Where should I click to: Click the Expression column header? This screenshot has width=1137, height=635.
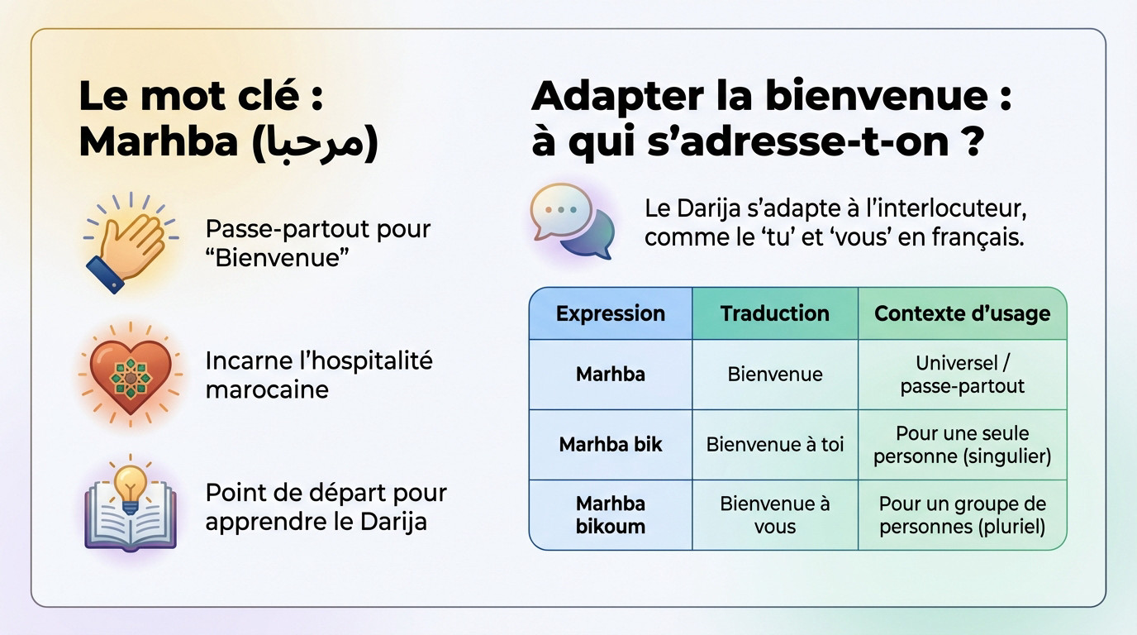[x=610, y=313]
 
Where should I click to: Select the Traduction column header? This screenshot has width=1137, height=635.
[x=774, y=313]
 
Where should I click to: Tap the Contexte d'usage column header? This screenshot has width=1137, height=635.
[x=962, y=313]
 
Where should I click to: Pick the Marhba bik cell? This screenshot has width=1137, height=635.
[x=610, y=444]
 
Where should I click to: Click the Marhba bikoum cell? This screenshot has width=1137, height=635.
[x=610, y=515]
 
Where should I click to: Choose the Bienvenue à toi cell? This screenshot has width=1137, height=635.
[x=774, y=444]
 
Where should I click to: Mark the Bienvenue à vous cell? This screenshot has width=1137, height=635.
[x=774, y=515]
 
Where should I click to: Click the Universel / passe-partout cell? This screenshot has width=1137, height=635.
[x=962, y=374]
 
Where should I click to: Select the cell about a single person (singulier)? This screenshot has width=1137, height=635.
[x=962, y=444]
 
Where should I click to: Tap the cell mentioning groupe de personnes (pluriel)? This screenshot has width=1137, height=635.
[x=962, y=515]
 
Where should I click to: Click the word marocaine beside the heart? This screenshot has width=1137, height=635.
[x=266, y=389]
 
